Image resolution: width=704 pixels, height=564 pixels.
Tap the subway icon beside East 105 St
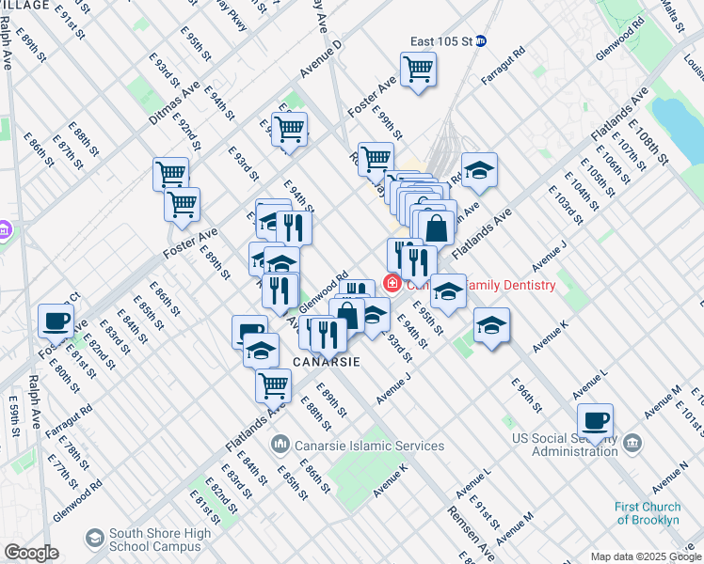click(480, 41)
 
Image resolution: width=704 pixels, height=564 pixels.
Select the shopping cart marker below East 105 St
click(418, 69)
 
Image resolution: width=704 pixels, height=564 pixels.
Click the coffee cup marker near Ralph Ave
click(56, 321)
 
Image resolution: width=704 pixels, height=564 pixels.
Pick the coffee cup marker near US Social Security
click(595, 420)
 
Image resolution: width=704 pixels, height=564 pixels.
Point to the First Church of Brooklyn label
click(648, 513)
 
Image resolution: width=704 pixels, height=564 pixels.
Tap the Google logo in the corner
click(31, 553)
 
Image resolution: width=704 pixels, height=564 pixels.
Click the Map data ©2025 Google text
click(645, 556)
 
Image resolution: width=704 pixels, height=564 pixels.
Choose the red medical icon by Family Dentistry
click(390, 283)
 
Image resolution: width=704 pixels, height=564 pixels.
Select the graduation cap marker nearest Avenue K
click(491, 325)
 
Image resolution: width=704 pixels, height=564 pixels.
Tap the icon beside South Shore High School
click(94, 538)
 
